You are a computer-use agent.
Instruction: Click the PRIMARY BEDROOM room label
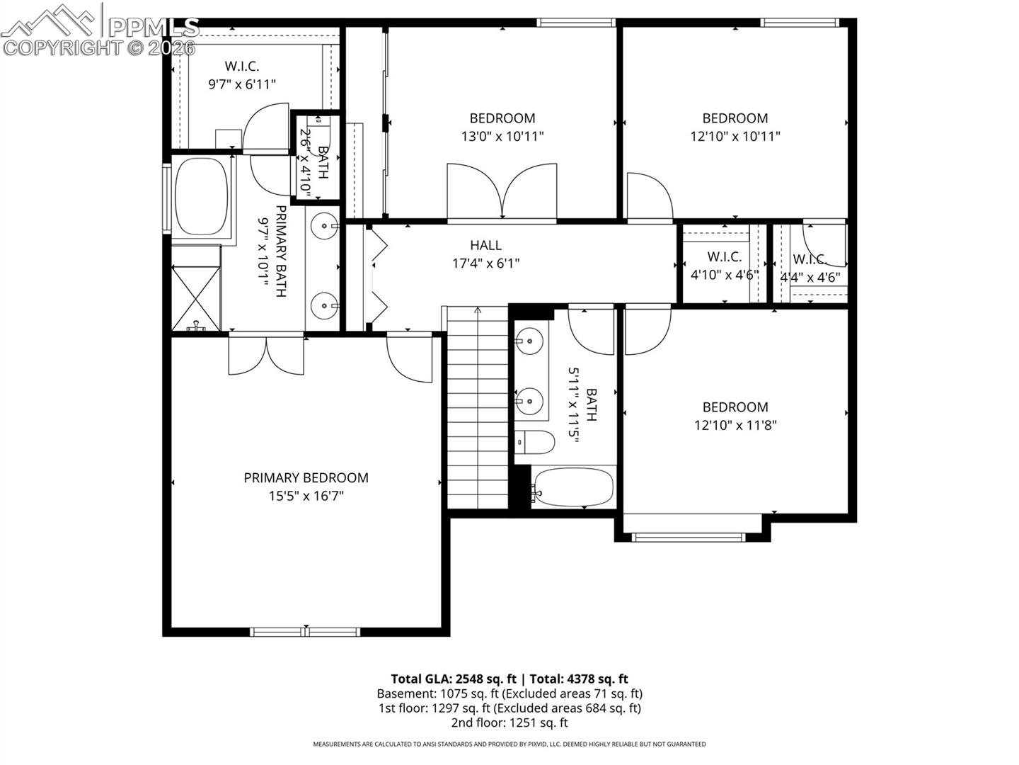[306, 477]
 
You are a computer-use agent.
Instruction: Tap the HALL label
[485, 245]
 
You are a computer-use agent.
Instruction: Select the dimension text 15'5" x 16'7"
[306, 496]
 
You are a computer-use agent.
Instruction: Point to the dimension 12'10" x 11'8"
[735, 425]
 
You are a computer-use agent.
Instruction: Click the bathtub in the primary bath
[202, 196]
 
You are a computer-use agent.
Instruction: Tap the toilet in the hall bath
[534, 442]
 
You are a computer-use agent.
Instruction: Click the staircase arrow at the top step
[478, 310]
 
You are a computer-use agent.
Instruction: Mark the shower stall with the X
[196, 298]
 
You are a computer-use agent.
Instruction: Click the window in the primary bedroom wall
[305, 632]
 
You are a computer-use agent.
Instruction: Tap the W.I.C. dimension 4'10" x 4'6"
[724, 275]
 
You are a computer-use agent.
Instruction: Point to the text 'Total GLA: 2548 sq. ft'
[453, 679]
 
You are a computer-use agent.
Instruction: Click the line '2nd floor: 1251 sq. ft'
[509, 722]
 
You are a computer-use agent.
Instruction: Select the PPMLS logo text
[154, 28]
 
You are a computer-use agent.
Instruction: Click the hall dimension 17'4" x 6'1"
[485, 263]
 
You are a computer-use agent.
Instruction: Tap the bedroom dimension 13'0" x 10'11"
[502, 137]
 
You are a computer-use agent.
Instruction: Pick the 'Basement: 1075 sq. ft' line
[438, 693]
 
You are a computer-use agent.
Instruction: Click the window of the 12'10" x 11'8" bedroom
[689, 538]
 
